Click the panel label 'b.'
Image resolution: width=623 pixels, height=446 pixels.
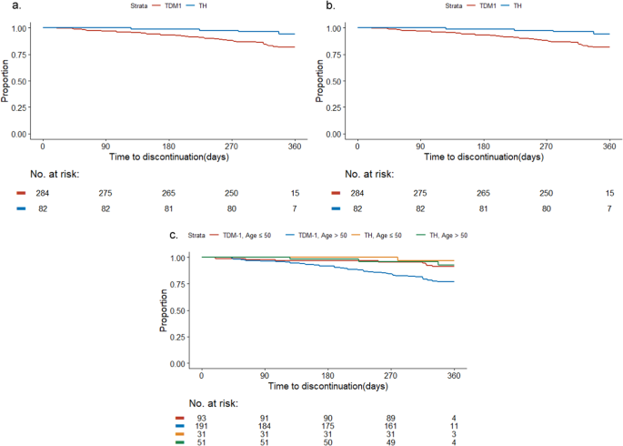pos(330,8)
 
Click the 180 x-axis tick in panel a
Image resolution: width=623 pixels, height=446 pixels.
pos(168,146)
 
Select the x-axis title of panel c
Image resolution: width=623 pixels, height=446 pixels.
pos(327,387)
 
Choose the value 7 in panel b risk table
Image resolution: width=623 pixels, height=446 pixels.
pos(608,208)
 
